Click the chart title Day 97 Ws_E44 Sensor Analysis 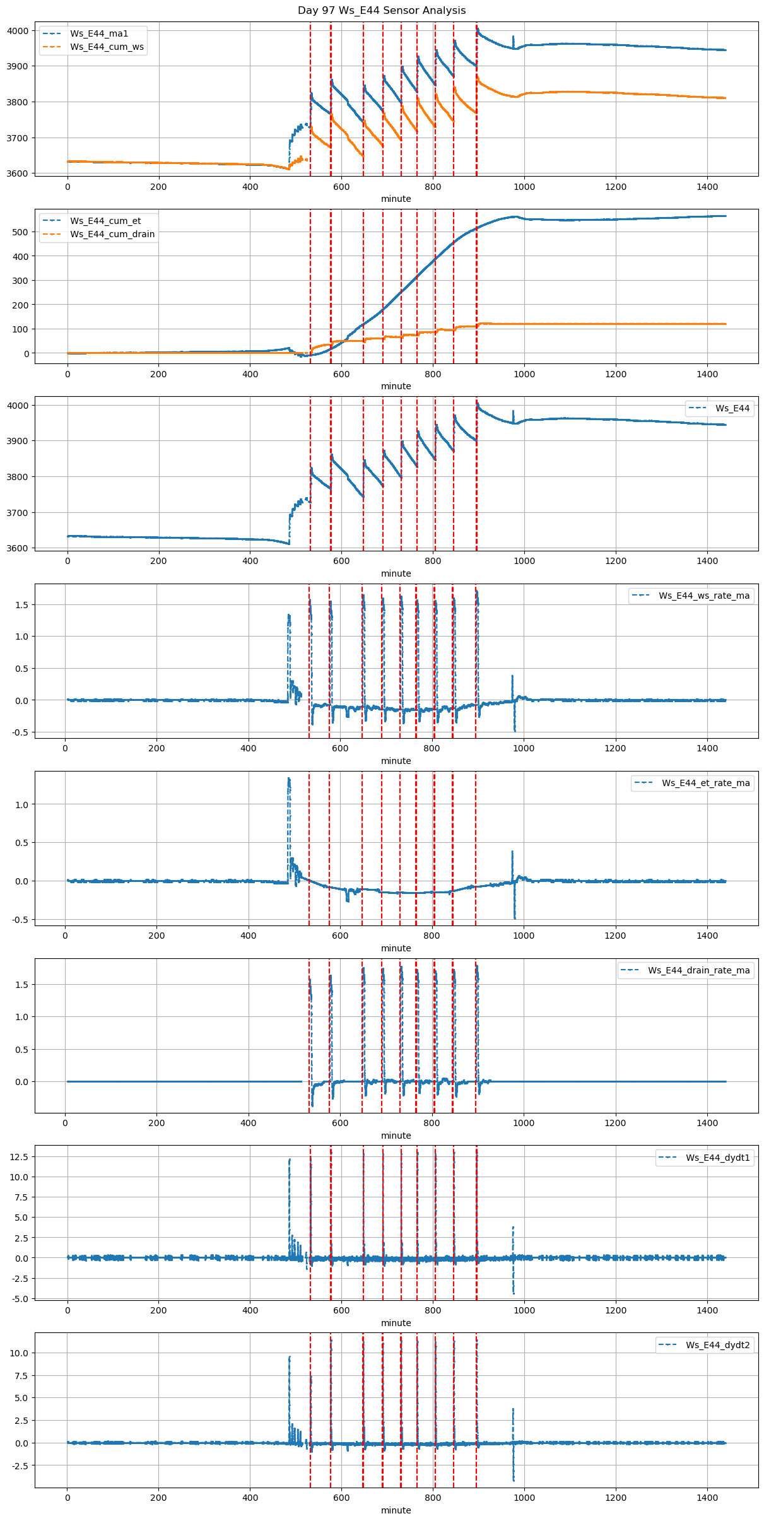[x=382, y=10]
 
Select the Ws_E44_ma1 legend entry [x=99, y=33]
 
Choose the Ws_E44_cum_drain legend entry [x=112, y=234]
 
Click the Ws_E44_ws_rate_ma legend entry [x=704, y=596]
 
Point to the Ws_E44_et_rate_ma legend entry [x=705, y=783]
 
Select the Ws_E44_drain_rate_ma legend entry [x=699, y=970]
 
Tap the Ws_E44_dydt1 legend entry [x=718, y=1158]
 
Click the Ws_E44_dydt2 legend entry [x=718, y=1345]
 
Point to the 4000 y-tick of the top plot [x=18, y=31]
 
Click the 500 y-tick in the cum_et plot [x=21, y=232]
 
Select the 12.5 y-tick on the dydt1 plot [x=19, y=1156]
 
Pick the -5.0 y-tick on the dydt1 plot [x=19, y=1298]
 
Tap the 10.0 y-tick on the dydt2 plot [x=19, y=1353]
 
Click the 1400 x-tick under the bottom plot [x=707, y=1498]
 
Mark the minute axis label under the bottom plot [x=396, y=1510]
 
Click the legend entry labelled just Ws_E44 [x=732, y=408]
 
